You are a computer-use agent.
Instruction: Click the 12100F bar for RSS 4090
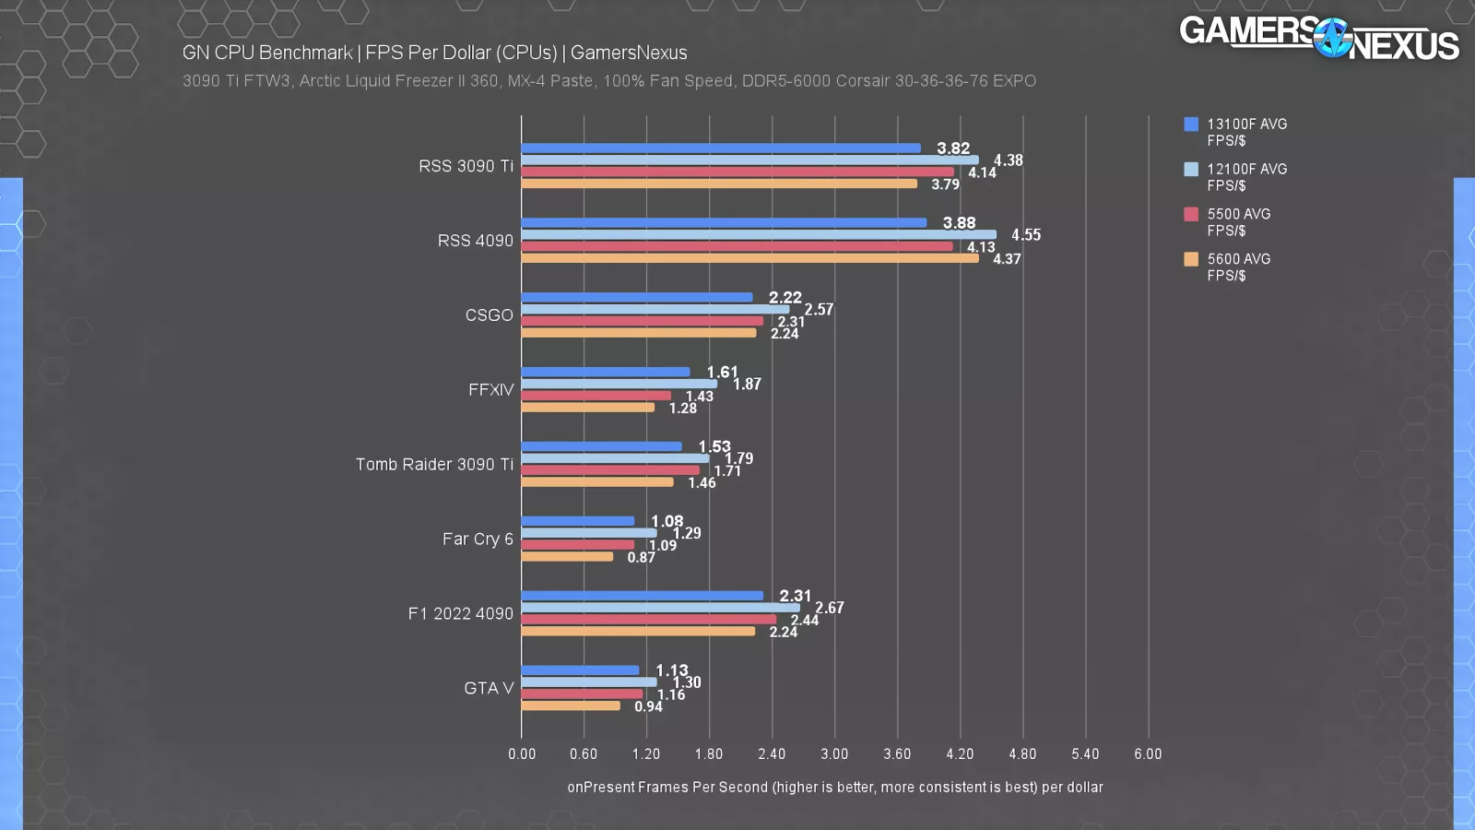[x=758, y=234]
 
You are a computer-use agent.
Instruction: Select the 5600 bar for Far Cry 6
[x=567, y=557]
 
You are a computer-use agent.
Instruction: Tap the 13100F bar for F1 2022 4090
[x=642, y=596]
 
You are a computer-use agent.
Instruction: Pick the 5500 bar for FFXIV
[x=596, y=396]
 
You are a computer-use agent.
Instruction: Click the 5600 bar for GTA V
[x=571, y=706]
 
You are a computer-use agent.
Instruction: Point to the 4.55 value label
[x=1025, y=235]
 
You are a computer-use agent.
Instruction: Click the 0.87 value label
[x=641, y=558]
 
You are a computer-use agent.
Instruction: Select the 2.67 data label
[x=829, y=608]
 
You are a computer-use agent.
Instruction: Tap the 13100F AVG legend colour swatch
[x=1191, y=125]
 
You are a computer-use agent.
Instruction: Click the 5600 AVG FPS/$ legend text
[x=1238, y=267]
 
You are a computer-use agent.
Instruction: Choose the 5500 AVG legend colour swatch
[x=1191, y=214]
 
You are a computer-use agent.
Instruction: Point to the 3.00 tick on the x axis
[x=834, y=754]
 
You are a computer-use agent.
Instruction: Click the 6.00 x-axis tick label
[x=1148, y=754]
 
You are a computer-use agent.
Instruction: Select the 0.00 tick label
[x=522, y=754]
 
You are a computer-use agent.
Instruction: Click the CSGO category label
[x=489, y=315]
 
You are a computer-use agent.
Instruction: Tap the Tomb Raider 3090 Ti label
[x=434, y=465]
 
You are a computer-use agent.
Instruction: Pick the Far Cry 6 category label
[x=478, y=539]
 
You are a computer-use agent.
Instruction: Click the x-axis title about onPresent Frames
[x=834, y=788]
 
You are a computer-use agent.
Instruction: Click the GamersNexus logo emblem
[x=1332, y=39]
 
